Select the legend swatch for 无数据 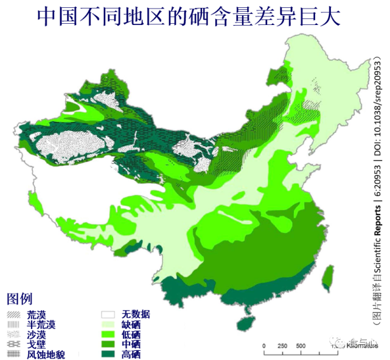(108, 314)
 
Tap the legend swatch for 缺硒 (108, 325)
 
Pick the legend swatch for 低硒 (108, 334)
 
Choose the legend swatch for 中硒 (108, 344)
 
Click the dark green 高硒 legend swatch (108, 354)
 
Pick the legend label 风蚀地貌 (46, 355)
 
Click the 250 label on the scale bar (282, 346)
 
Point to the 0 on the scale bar (264, 346)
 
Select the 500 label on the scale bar (301, 346)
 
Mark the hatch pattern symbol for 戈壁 (13, 344)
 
